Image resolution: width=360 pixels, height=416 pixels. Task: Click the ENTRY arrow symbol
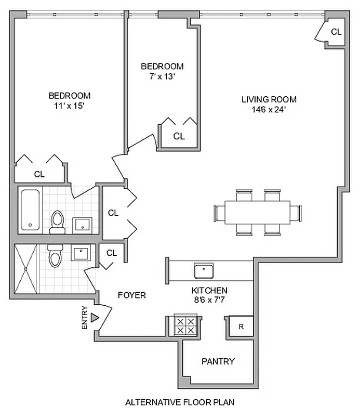tap(95, 318)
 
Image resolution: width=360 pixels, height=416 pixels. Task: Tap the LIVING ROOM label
tap(269, 99)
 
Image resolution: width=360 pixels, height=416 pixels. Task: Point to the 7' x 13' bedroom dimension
tap(162, 76)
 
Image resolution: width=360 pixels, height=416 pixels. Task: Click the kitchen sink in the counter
tap(204, 270)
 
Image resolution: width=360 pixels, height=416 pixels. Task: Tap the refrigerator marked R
tap(241, 327)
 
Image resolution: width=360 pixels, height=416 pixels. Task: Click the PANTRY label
tap(218, 361)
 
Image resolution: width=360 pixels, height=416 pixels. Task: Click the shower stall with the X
tap(26, 269)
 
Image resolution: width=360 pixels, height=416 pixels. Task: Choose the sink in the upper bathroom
tap(82, 225)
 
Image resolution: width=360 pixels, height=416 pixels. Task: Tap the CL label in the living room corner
tap(336, 32)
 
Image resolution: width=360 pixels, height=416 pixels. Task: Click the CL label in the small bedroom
tap(179, 137)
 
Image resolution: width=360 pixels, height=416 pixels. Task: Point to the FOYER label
tap(132, 295)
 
